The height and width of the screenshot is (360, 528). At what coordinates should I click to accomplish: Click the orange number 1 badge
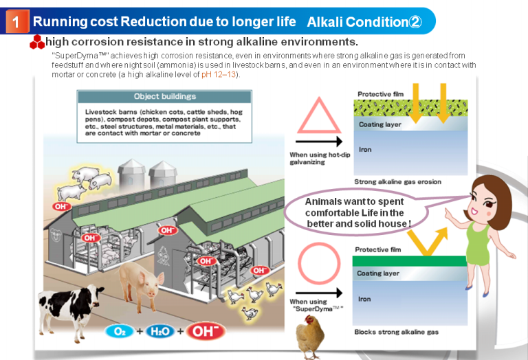(x=17, y=22)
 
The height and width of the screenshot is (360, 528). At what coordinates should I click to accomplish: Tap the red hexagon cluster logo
(x=37, y=42)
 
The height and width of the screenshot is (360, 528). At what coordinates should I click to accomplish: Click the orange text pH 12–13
(x=219, y=74)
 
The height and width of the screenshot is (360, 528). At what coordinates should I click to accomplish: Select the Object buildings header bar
(x=165, y=97)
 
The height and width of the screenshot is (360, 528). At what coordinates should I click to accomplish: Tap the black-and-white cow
(x=71, y=308)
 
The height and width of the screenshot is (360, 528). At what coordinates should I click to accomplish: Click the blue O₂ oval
(x=119, y=331)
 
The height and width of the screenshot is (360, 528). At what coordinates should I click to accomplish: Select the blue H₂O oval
(x=160, y=331)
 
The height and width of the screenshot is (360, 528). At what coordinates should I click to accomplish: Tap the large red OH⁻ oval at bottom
(x=205, y=331)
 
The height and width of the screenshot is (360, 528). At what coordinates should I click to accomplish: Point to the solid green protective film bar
(x=410, y=261)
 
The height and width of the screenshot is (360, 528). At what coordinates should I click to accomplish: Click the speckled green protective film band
(x=410, y=108)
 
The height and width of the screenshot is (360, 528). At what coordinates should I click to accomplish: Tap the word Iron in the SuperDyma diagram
(x=364, y=299)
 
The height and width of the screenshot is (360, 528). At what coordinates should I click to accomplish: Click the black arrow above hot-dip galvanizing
(x=319, y=142)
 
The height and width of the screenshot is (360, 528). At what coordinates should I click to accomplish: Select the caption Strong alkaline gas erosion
(x=397, y=182)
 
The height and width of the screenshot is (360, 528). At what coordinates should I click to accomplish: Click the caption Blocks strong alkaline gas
(x=396, y=332)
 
